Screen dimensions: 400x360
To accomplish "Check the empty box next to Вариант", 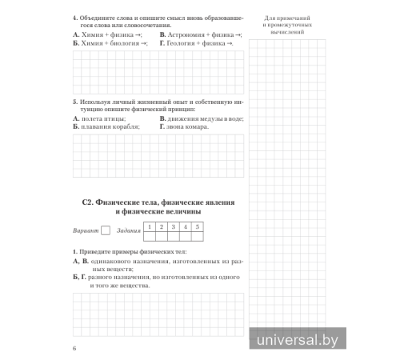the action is click(106, 231).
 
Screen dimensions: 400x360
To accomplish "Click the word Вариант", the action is click(85, 231).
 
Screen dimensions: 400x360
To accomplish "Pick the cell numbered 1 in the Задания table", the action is click(149, 227).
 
